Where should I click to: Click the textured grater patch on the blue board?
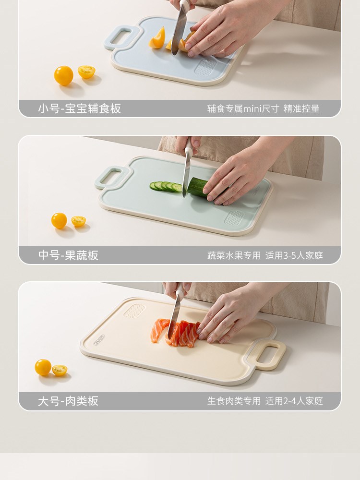click(x=205, y=67)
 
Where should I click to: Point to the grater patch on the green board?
click(x=234, y=218)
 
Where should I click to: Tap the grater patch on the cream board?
click(x=134, y=311)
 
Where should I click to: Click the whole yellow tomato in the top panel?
click(x=64, y=76)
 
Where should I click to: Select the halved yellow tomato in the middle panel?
click(x=79, y=221)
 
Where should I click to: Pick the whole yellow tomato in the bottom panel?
click(x=43, y=367)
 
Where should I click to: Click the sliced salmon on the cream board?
click(x=175, y=333)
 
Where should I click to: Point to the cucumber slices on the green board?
click(x=166, y=186)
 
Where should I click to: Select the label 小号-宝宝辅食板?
click(x=80, y=108)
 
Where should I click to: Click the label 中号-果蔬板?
click(x=68, y=255)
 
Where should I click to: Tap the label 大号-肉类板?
click(x=68, y=401)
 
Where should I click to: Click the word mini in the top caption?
click(x=252, y=108)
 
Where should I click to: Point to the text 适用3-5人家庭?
click(x=294, y=255)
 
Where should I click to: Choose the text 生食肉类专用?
click(x=234, y=401)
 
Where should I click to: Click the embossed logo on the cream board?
click(x=98, y=339)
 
